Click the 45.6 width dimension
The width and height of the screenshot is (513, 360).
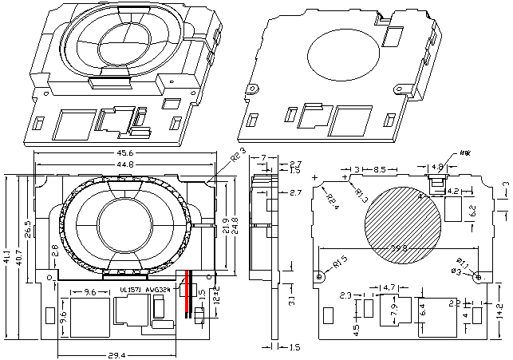[x=126, y=152]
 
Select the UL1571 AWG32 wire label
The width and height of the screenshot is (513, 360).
[x=144, y=289]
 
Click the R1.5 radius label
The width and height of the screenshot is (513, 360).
[x=341, y=261]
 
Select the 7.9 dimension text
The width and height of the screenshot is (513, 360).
[x=393, y=312]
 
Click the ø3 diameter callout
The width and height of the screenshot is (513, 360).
[x=457, y=271]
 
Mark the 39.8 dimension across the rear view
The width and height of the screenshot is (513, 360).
[x=399, y=249]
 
